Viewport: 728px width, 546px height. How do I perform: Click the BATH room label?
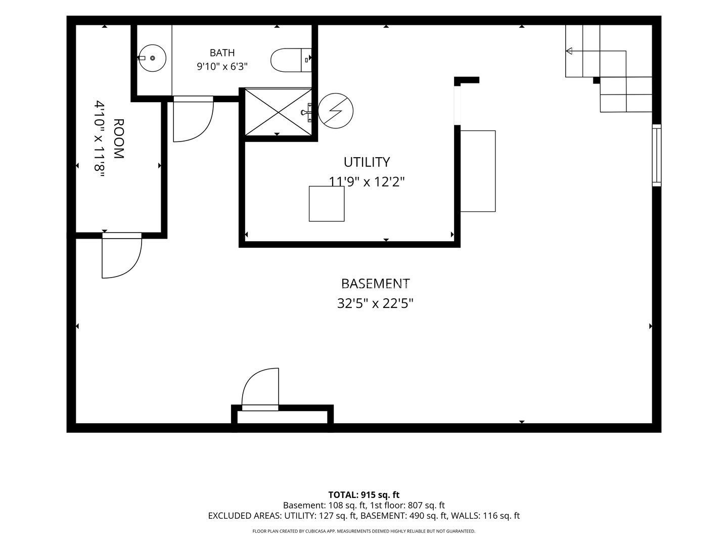[x=222, y=53]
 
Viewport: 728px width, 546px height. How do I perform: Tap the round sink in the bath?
[x=152, y=58]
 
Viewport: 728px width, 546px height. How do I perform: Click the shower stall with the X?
[x=278, y=112]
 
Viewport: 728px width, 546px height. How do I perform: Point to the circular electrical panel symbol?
[x=336, y=111]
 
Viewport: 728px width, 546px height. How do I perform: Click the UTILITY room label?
[x=367, y=162]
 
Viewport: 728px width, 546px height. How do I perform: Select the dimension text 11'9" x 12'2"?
[x=367, y=181]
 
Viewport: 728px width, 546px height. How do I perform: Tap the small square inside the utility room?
[x=327, y=204]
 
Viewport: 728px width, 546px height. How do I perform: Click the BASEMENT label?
[x=376, y=284]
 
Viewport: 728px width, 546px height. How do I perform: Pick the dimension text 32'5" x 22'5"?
[x=376, y=303]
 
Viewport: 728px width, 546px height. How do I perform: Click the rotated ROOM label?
[x=118, y=139]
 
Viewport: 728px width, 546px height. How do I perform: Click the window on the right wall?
[x=656, y=155]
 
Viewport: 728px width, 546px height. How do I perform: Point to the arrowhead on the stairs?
[x=569, y=51]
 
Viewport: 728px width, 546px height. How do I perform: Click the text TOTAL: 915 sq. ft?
[x=364, y=495]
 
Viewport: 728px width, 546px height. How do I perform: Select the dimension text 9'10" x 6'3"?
[x=222, y=67]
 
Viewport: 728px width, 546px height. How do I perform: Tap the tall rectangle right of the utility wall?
[x=478, y=171]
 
